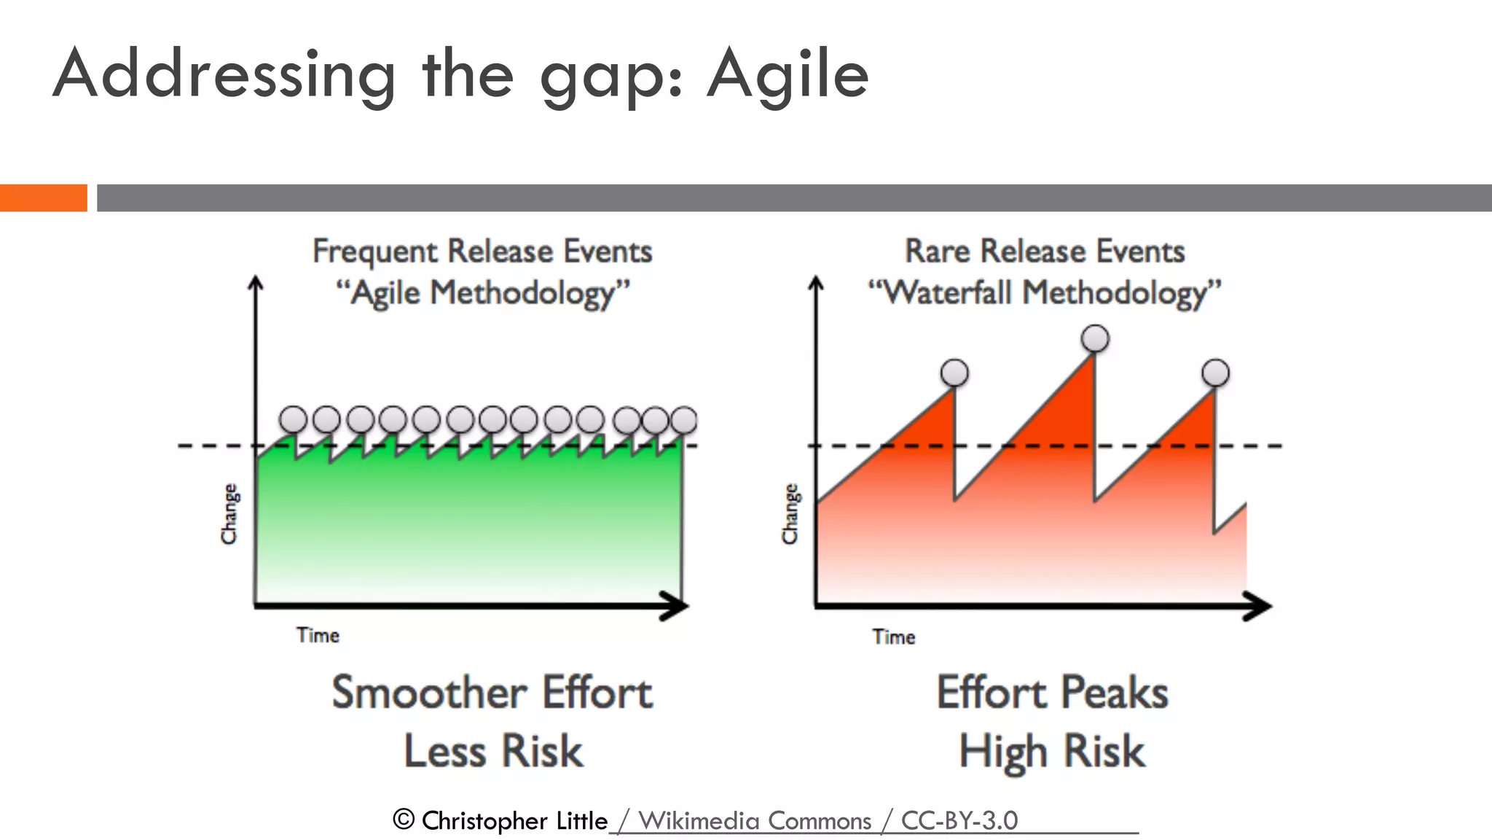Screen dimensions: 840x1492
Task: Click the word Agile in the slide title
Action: coord(788,74)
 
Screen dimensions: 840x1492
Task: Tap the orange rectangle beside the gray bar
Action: coord(43,198)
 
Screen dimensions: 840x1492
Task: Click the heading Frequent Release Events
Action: coord(482,251)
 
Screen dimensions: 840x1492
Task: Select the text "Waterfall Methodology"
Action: coord(1045,292)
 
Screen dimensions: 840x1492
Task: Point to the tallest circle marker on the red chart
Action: coord(1095,338)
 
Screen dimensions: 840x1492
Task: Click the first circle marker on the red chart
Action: coord(954,373)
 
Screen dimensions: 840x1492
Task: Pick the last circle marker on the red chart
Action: coord(1215,373)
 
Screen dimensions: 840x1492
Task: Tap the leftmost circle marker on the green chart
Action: coord(294,420)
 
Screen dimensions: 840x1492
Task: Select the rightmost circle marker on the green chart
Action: coord(683,420)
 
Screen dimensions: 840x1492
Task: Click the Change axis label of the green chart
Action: coord(229,513)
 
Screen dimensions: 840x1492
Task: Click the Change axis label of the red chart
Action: coord(790,513)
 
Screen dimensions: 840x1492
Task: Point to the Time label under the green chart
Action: coord(318,635)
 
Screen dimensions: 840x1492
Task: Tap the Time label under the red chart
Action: coord(894,637)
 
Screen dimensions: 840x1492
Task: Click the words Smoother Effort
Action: coord(492,692)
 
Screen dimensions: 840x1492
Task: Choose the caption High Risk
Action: coord(1052,752)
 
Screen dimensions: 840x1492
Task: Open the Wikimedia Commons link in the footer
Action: coord(754,821)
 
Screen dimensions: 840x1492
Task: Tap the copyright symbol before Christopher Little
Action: coord(404,820)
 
